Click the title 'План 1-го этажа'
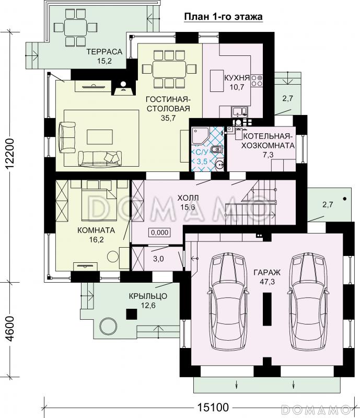224,17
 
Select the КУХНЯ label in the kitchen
237,78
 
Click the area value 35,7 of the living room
168,118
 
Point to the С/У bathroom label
201,153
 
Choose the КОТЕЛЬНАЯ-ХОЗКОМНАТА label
268,141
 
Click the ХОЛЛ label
188,198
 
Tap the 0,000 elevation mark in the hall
159,233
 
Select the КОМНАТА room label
96,230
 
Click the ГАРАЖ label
267,272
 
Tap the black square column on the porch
132,314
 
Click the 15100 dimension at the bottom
213,408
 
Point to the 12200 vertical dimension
10,154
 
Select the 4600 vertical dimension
10,329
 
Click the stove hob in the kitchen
257,80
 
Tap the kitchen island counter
217,81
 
